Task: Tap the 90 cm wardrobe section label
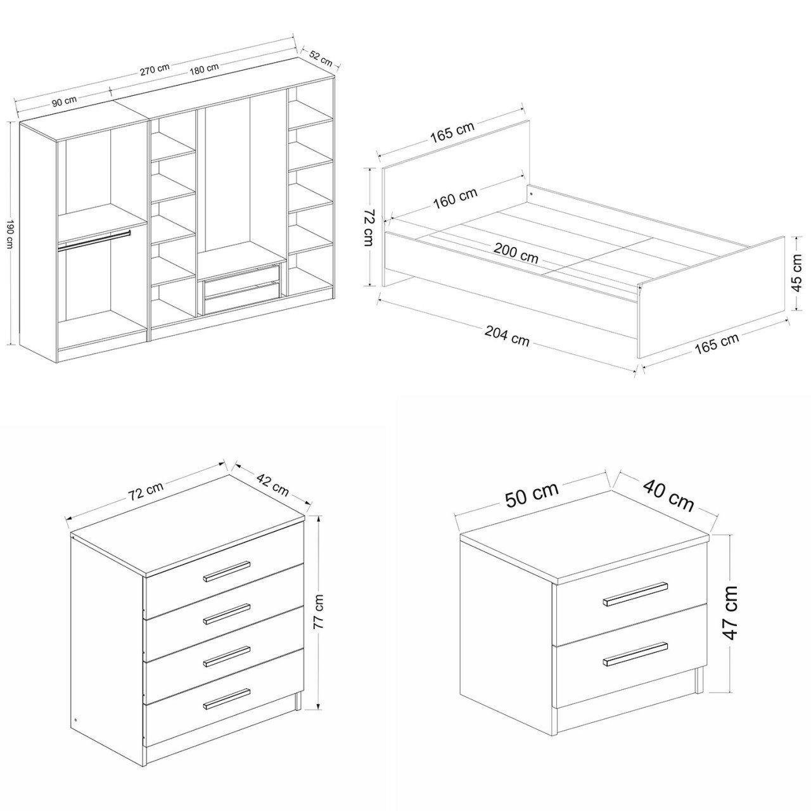(65, 101)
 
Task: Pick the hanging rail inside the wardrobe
(94, 240)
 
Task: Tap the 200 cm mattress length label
(516, 253)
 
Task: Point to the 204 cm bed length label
(507, 336)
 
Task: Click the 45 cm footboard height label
(796, 272)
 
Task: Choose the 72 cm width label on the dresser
(146, 490)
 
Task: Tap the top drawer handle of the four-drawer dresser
(227, 571)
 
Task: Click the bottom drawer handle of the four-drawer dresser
(227, 699)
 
